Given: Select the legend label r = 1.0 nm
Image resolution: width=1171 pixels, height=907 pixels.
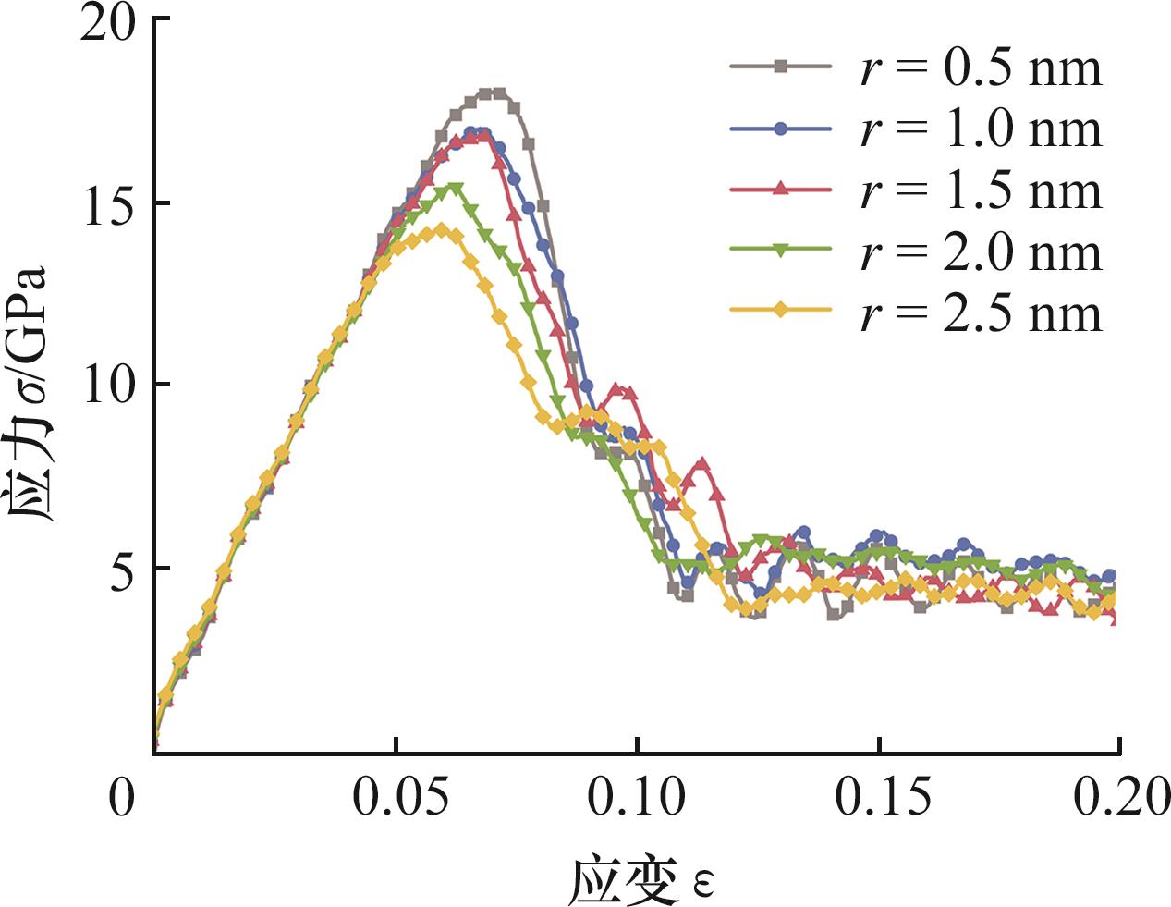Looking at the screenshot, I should point(981,129).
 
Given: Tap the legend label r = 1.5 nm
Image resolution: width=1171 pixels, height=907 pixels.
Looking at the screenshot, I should point(981,190).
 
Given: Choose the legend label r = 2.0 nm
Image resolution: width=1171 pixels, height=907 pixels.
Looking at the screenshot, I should point(981,251).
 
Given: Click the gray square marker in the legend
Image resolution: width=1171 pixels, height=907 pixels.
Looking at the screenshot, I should point(781,67).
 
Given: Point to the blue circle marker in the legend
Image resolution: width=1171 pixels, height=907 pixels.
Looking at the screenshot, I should point(781,129).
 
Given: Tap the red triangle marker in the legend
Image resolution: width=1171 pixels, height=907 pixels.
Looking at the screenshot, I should point(781,190).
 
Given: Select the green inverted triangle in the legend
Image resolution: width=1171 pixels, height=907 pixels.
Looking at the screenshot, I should point(781,251).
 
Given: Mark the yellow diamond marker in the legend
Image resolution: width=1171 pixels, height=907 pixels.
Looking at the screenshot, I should point(781,312).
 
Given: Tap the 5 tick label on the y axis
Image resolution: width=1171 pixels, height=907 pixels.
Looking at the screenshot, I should point(120,568).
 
